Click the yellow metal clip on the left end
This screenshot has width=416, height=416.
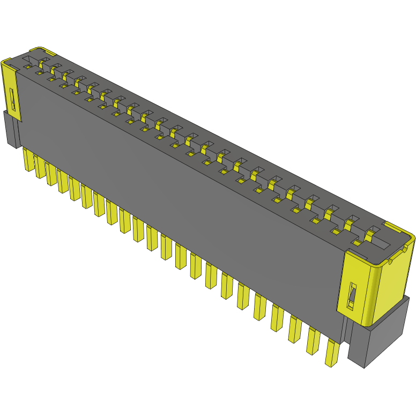(11, 91)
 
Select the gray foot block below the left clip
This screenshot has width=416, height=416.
(12, 131)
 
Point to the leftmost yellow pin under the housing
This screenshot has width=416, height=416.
(28, 161)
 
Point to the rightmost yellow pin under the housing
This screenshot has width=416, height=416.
(332, 354)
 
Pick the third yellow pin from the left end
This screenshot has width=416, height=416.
(51, 175)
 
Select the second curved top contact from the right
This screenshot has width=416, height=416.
(352, 222)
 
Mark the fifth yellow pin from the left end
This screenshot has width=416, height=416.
(75, 189)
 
